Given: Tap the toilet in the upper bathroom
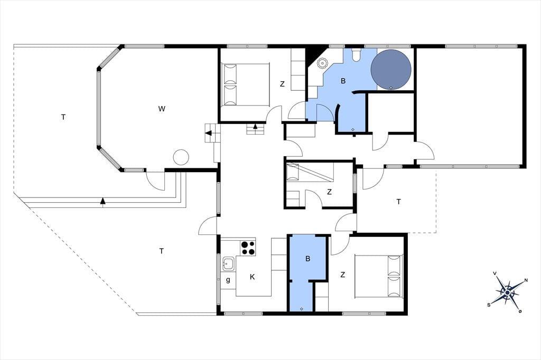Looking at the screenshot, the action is pyautogui.click(x=356, y=55).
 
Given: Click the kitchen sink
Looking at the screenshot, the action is pyautogui.click(x=228, y=264).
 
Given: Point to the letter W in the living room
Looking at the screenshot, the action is pyautogui.click(x=162, y=109).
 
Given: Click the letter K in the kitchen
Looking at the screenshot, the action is pyautogui.click(x=252, y=277).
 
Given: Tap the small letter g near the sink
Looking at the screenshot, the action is pyautogui.click(x=228, y=280).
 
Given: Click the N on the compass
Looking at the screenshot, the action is pyautogui.click(x=526, y=280).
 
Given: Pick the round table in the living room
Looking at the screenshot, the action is pyautogui.click(x=181, y=157).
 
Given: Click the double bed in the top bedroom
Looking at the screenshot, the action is pyautogui.click(x=245, y=84).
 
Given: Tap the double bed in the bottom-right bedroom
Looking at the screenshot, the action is pyautogui.click(x=378, y=276).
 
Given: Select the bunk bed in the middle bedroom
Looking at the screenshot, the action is pyautogui.click(x=310, y=172).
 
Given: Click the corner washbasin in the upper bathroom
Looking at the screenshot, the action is pyautogui.click(x=322, y=63).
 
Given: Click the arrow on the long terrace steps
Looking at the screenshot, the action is pyautogui.click(x=102, y=201).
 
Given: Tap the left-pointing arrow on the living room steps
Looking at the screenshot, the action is pyautogui.click(x=208, y=133).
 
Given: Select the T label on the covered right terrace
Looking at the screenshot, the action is pyautogui.click(x=399, y=202).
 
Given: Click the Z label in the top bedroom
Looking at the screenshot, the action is pyautogui.click(x=282, y=84).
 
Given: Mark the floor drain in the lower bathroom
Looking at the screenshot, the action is pyautogui.click(x=302, y=309).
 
